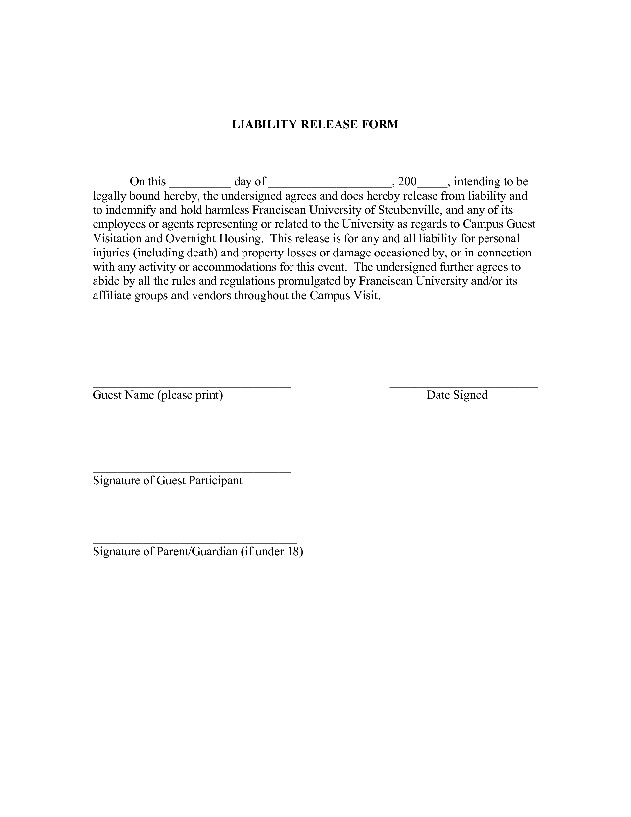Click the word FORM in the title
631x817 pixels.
pos(380,124)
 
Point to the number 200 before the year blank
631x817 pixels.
pos(407,182)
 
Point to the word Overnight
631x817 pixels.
pos(189,239)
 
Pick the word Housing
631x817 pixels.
pos(241,239)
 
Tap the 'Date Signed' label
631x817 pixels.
pos(457,395)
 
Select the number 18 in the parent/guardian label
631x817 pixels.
pos(293,552)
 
